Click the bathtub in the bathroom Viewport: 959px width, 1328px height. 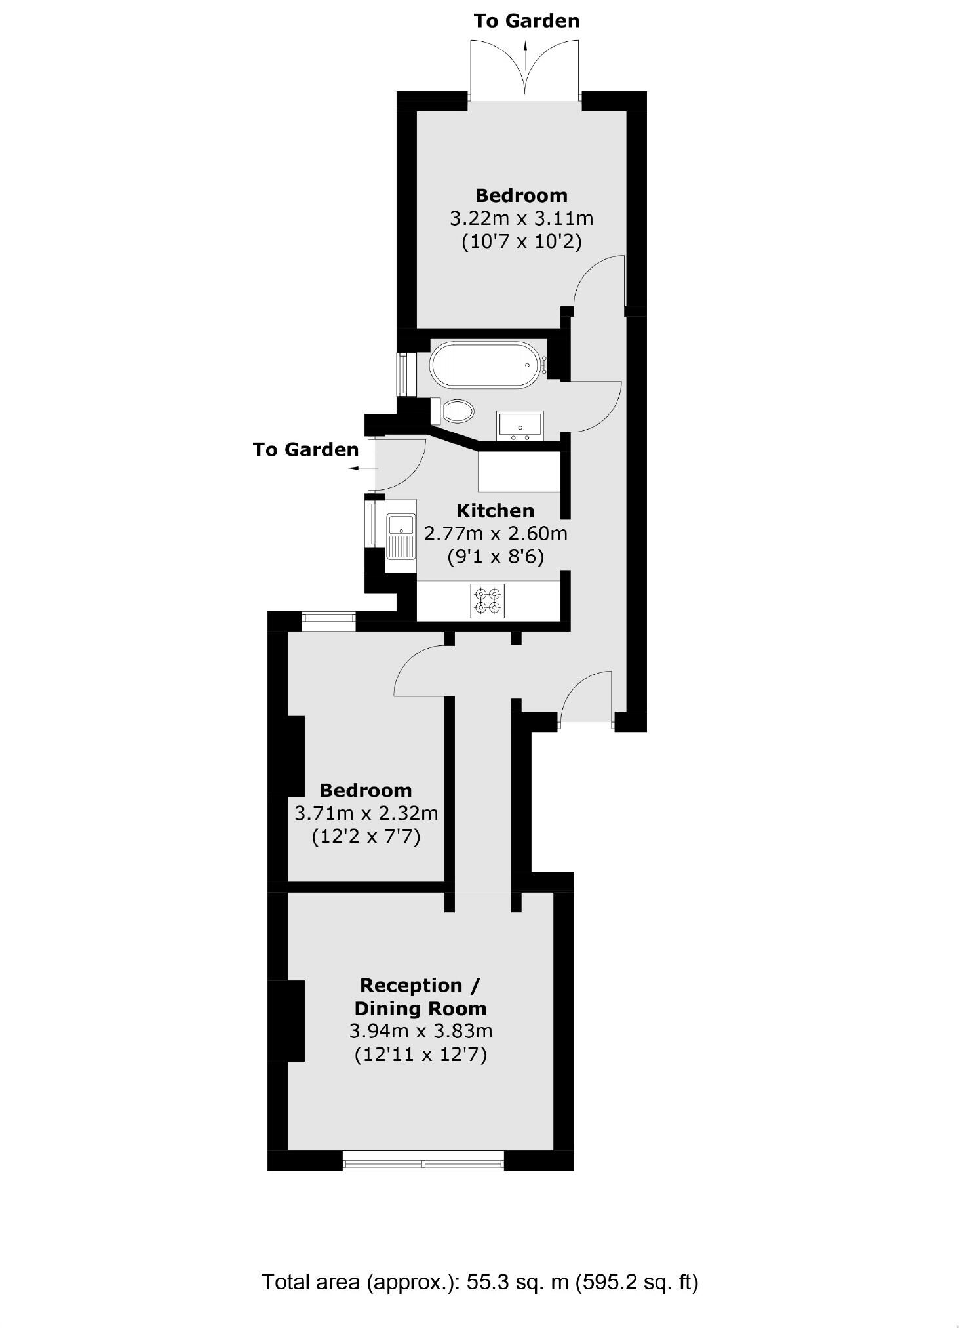(x=485, y=365)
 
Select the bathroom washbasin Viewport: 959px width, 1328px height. (x=520, y=426)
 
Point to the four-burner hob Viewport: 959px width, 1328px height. (x=488, y=601)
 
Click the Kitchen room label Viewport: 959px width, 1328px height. (x=495, y=511)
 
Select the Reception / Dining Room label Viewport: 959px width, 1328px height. (x=420, y=997)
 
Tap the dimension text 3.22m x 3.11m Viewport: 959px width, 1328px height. (x=521, y=218)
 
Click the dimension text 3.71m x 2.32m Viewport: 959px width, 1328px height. (x=366, y=814)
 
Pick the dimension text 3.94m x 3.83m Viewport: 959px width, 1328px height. (x=420, y=1031)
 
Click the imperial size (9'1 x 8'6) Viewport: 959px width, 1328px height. (x=495, y=557)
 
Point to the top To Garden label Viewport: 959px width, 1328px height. (x=526, y=21)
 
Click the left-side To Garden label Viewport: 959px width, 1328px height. (x=305, y=450)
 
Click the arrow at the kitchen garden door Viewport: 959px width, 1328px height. (x=362, y=468)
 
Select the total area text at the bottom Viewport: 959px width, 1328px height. (x=479, y=1281)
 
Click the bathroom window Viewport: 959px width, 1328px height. (x=403, y=374)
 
